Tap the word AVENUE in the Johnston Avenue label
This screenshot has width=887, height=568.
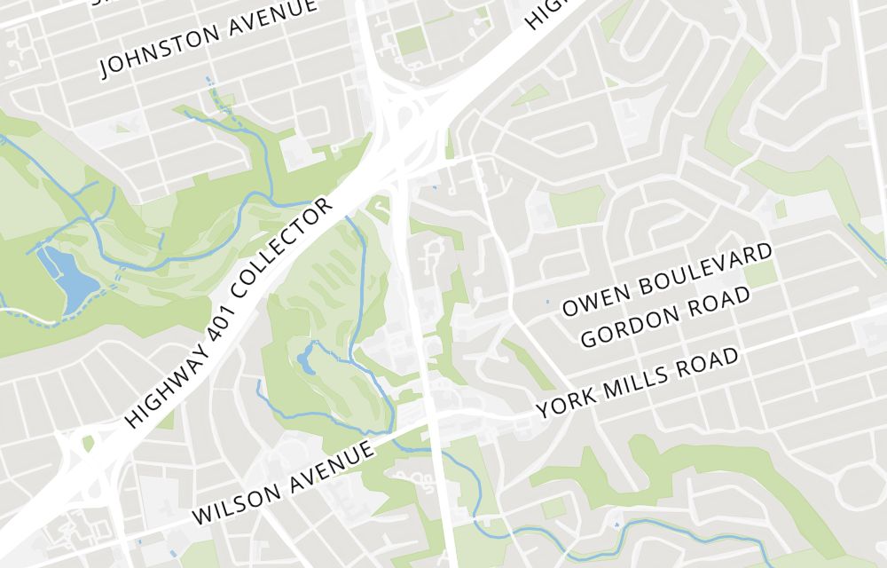coord(270,18)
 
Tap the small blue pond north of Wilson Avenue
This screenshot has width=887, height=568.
coord(306,359)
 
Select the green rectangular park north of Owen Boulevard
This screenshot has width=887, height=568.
coord(577,206)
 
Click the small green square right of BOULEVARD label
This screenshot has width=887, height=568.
coord(760,273)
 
